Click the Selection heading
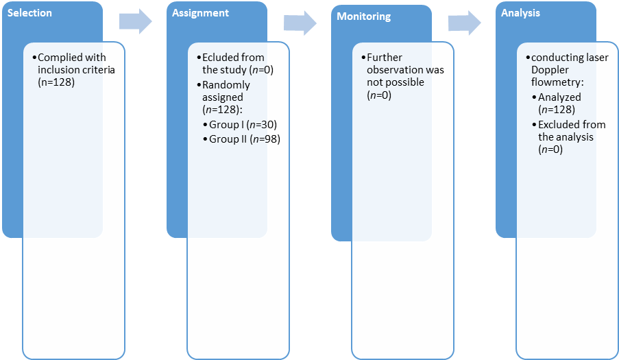(29, 12)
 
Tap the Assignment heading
(200, 13)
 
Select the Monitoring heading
(363, 16)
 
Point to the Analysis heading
(520, 13)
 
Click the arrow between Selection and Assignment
(136, 21)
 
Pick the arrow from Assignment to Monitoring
(300, 23)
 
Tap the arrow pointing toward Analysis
(465, 23)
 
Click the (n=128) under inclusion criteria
(56, 82)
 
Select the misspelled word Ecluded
(217, 57)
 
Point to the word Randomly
(226, 85)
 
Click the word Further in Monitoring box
(385, 57)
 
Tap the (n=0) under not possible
(379, 95)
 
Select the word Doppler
(550, 70)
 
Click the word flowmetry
(556, 82)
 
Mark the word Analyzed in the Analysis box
(559, 97)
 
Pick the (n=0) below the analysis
(550, 149)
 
